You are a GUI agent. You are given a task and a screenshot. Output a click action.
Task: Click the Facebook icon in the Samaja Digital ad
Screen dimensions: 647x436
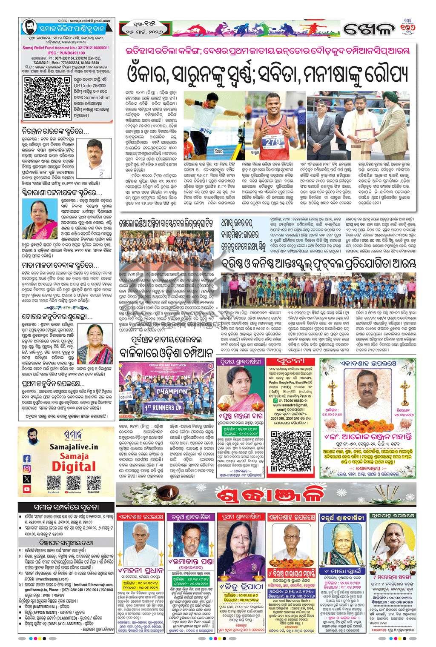pyautogui.click(x=27, y=458)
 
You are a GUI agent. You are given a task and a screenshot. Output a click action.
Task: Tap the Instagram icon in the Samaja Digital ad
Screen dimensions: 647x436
pyautogui.click(x=27, y=468)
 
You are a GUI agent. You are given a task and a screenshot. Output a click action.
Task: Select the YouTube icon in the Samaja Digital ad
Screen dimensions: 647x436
pyautogui.click(x=27, y=489)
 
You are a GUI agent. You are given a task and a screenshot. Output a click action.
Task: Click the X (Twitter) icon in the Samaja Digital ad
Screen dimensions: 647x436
pyautogui.click(x=27, y=479)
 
